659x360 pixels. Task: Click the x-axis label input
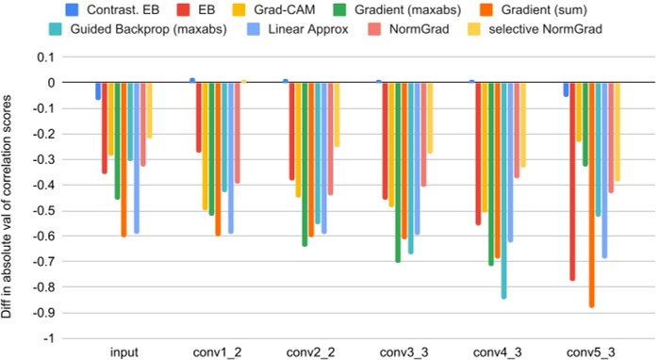coord(123,352)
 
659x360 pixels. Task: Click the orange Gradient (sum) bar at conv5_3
coord(591,194)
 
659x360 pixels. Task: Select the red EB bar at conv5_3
coord(572,181)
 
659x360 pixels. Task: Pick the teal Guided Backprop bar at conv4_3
coord(503,189)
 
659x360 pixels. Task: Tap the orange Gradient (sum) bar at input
coord(124,159)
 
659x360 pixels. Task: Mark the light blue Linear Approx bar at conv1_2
coord(231,157)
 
